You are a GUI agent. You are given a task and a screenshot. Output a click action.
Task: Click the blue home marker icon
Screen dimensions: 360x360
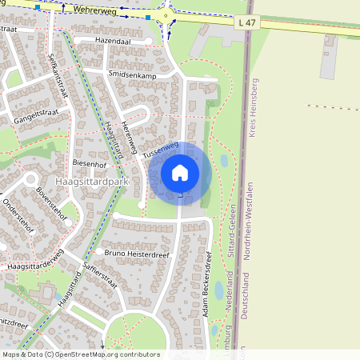(x=180, y=172)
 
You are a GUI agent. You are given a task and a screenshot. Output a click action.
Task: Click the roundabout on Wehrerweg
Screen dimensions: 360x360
(x=166, y=15)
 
